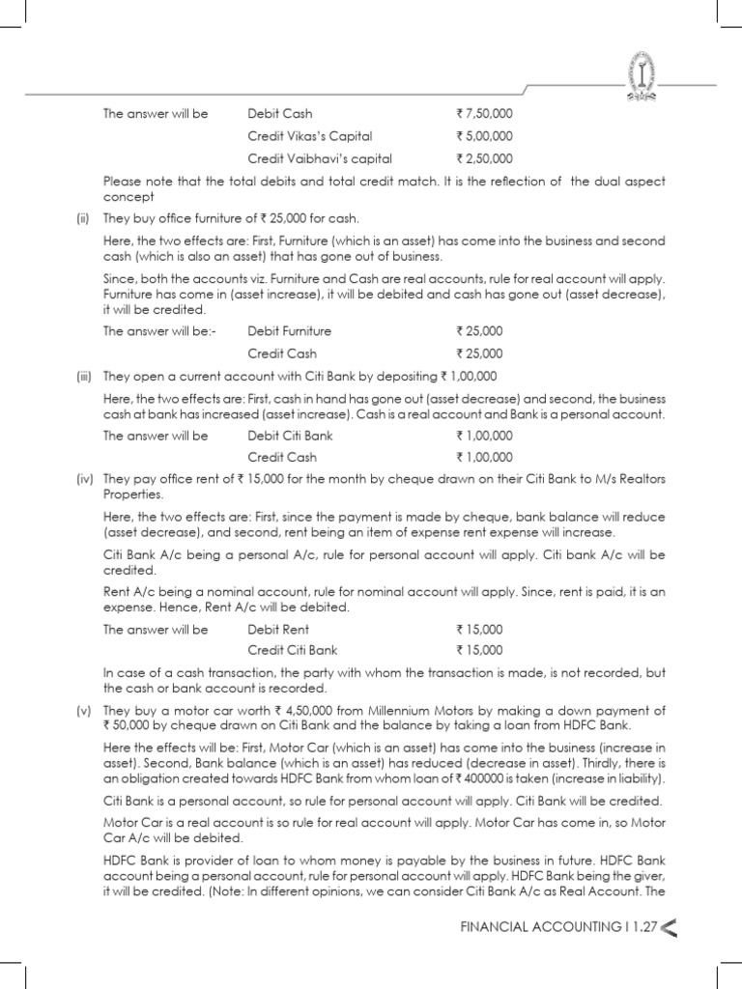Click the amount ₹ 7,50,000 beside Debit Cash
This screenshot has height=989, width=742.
click(485, 114)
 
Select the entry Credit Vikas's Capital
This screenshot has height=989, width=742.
click(309, 136)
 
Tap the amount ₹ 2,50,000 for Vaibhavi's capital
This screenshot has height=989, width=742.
click(485, 158)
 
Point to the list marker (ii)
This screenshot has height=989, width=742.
click(84, 220)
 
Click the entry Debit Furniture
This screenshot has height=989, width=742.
click(289, 331)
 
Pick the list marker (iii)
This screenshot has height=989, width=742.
click(85, 376)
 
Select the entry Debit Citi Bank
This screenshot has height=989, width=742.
click(290, 436)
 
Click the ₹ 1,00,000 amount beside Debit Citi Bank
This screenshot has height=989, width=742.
click(485, 436)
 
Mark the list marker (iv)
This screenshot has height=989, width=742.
click(85, 480)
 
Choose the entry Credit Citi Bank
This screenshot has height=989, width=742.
click(293, 650)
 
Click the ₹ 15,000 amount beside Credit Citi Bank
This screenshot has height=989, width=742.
click(479, 650)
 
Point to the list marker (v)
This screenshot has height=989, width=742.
click(84, 711)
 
